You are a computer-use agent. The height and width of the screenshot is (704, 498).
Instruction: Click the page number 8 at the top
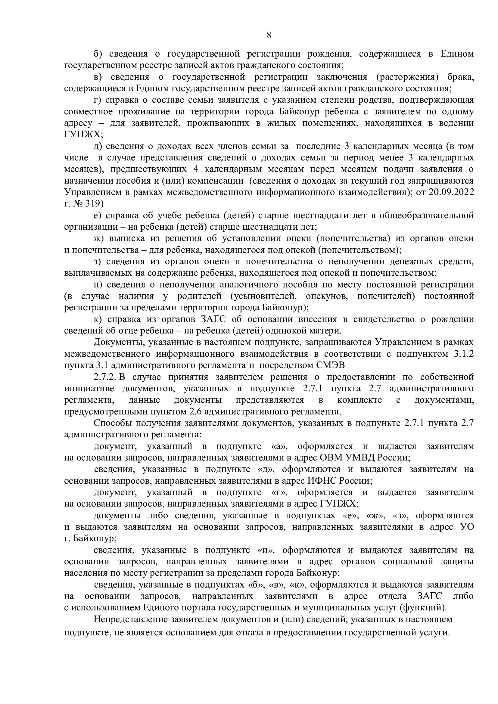click(x=269, y=35)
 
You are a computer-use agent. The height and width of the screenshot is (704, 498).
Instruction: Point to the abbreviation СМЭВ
click(x=329, y=365)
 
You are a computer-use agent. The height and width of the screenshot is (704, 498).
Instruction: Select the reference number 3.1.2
click(x=463, y=354)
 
